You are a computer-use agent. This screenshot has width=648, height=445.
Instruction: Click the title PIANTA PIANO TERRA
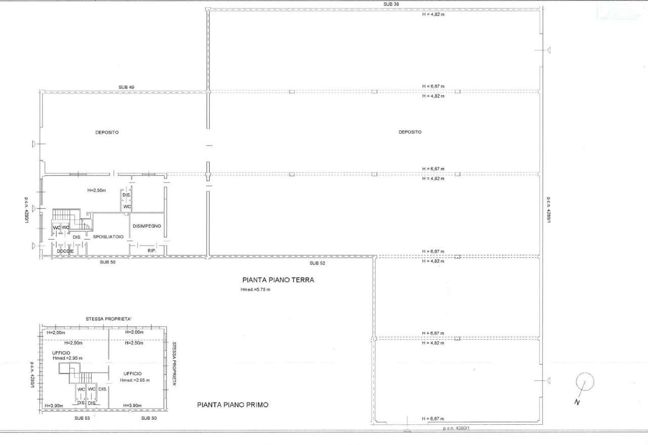click(278, 280)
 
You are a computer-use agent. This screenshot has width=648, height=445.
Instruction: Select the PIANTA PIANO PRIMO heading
click(232, 405)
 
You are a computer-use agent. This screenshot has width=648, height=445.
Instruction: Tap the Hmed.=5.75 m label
click(255, 289)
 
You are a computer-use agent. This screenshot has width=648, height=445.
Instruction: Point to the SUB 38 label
click(391, 5)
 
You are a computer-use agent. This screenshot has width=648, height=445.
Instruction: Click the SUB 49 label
click(127, 87)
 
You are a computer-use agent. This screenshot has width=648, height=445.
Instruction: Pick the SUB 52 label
click(317, 263)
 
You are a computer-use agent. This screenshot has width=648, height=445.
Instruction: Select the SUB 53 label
click(82, 418)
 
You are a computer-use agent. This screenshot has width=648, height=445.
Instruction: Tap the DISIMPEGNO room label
click(147, 226)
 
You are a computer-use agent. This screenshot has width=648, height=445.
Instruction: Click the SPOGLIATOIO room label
click(108, 237)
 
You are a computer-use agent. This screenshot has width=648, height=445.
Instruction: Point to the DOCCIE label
click(65, 251)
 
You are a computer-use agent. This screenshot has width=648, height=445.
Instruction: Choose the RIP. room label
click(152, 251)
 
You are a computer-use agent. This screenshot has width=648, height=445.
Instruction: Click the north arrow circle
click(585, 382)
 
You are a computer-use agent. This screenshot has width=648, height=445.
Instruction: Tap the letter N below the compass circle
click(577, 402)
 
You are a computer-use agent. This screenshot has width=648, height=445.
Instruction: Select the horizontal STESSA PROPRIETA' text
click(109, 319)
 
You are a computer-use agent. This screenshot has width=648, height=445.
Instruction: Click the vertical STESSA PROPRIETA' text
click(174, 364)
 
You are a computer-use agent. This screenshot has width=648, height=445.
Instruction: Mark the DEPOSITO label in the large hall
click(410, 132)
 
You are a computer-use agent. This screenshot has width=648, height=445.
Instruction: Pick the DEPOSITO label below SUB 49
click(107, 132)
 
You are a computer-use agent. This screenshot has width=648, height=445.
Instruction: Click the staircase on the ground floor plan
click(72, 219)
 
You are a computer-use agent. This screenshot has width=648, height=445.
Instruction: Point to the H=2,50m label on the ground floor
click(97, 191)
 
